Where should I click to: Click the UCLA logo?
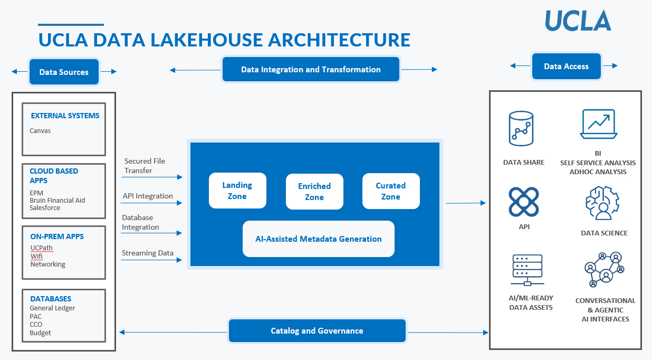tap(578, 21)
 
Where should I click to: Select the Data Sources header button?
tap(64, 72)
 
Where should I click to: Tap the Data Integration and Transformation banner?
tap(311, 70)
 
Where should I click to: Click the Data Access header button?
tap(566, 67)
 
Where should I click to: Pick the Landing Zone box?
tap(237, 191)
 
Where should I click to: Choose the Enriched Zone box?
tap(314, 192)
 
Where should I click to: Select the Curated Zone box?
tap(391, 191)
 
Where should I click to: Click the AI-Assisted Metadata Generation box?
tap(319, 239)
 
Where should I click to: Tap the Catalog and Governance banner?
tap(317, 331)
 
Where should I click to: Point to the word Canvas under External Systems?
tap(40, 130)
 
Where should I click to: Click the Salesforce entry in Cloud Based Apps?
tap(45, 208)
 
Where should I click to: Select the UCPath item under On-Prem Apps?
tap(41, 248)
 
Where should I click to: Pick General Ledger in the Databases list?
tap(52, 308)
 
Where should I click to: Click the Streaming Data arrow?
tap(152, 260)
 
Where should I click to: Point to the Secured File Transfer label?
tap(145, 166)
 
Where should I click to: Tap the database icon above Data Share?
tap(521, 128)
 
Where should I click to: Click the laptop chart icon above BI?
tap(598, 124)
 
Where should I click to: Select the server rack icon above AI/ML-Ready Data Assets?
tap(528, 270)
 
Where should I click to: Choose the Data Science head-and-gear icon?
tap(602, 203)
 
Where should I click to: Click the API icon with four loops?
tap(523, 203)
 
